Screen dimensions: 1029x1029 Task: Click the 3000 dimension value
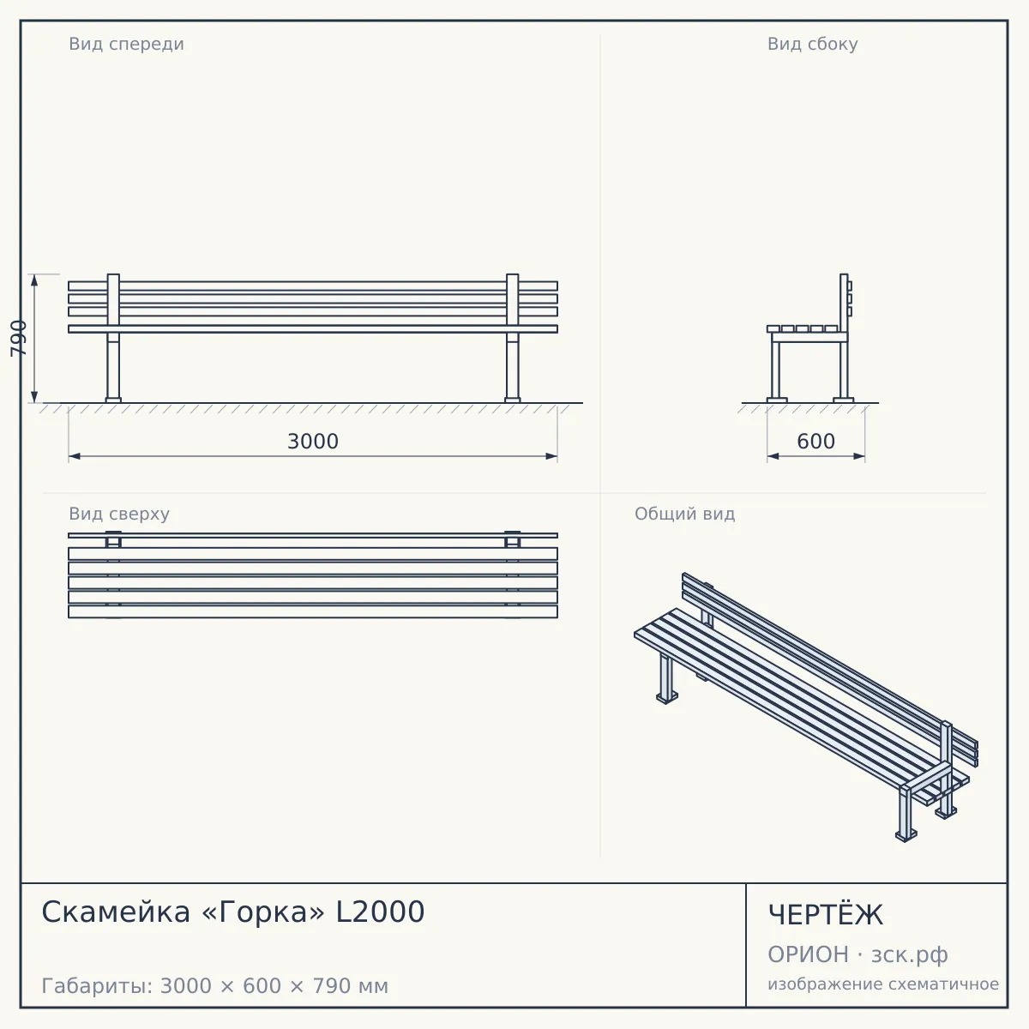(313, 442)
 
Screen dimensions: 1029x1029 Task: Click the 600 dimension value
(815, 442)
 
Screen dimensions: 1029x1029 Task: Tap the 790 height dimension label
(19, 338)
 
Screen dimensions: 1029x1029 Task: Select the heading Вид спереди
(127, 44)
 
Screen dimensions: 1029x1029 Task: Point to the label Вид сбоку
(812, 44)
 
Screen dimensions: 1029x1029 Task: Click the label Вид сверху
(119, 514)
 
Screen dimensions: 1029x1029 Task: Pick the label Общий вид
(684, 514)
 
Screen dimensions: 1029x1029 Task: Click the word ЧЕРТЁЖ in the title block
(826, 915)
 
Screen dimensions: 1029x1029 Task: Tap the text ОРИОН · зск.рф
(857, 954)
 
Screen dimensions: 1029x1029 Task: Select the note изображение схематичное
(883, 984)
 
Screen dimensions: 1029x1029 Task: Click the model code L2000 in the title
(380, 912)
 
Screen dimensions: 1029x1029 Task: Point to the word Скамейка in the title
(116, 912)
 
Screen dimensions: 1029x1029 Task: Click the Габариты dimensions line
(214, 986)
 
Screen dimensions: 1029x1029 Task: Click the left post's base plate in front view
(113, 400)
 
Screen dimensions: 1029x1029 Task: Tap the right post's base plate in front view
(513, 400)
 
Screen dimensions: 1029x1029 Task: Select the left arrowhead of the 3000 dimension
(75, 456)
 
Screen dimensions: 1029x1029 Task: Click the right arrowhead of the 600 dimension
(859, 456)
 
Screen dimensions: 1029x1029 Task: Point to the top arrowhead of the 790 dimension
(34, 280)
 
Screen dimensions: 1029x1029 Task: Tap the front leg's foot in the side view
(777, 400)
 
